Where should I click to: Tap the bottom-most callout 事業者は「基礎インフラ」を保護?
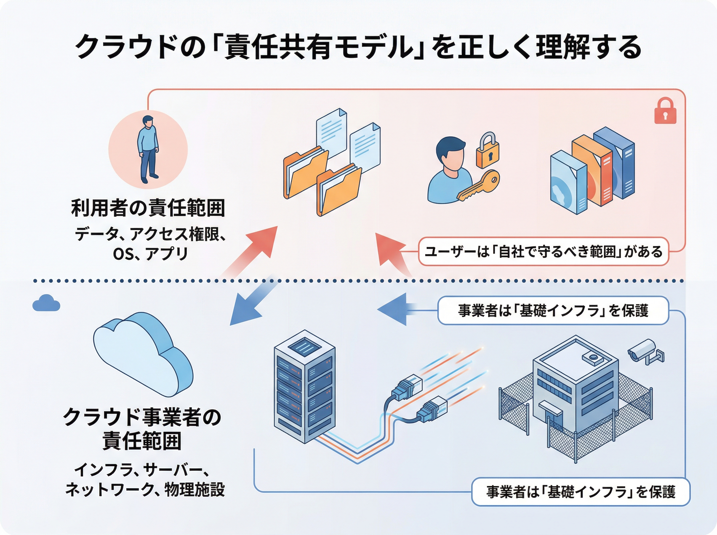click(580, 492)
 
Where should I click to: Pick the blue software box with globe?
click(569, 183)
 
